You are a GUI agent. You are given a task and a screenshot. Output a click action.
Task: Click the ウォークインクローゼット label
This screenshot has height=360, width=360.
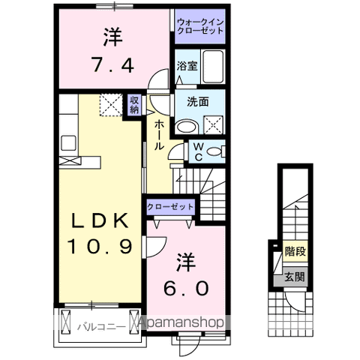coord(200,26)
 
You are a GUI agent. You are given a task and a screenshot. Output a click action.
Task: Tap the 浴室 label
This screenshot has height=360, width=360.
coord(187,66)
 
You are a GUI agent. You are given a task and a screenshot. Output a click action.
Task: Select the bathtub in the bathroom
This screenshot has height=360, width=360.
coord(213,67)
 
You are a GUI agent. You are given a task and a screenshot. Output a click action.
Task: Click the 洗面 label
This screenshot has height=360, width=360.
coord(198,102)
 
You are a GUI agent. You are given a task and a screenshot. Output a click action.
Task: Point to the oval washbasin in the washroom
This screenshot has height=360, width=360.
coord(186,127)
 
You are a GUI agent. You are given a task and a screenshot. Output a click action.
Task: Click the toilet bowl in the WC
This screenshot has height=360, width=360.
coord(214,151)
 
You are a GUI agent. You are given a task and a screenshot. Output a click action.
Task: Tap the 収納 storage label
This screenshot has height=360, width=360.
coord(134,105)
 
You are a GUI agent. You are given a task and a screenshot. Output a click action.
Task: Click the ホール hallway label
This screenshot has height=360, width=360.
coord(158,134)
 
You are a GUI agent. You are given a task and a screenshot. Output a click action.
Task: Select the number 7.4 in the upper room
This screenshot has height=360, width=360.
coord(112,64)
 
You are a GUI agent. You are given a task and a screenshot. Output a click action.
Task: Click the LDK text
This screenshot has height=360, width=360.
coord(100,220)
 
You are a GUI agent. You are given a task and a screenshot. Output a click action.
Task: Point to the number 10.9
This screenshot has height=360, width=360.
coord(99,246)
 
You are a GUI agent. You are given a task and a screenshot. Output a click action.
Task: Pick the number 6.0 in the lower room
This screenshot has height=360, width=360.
coord(186,288)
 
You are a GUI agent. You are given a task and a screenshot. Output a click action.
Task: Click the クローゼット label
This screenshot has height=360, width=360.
coord(170,207)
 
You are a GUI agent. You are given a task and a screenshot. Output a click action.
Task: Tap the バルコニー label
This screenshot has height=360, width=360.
coord(100,327)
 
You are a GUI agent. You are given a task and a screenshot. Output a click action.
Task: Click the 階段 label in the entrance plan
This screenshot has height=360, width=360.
coord(295,251)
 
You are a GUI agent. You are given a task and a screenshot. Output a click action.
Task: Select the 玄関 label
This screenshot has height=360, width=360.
coord(295,277)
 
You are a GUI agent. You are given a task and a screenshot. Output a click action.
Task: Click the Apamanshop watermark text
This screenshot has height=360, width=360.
coord(181,322)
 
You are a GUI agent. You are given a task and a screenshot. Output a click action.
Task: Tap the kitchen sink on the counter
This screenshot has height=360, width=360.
coord(68,143)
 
